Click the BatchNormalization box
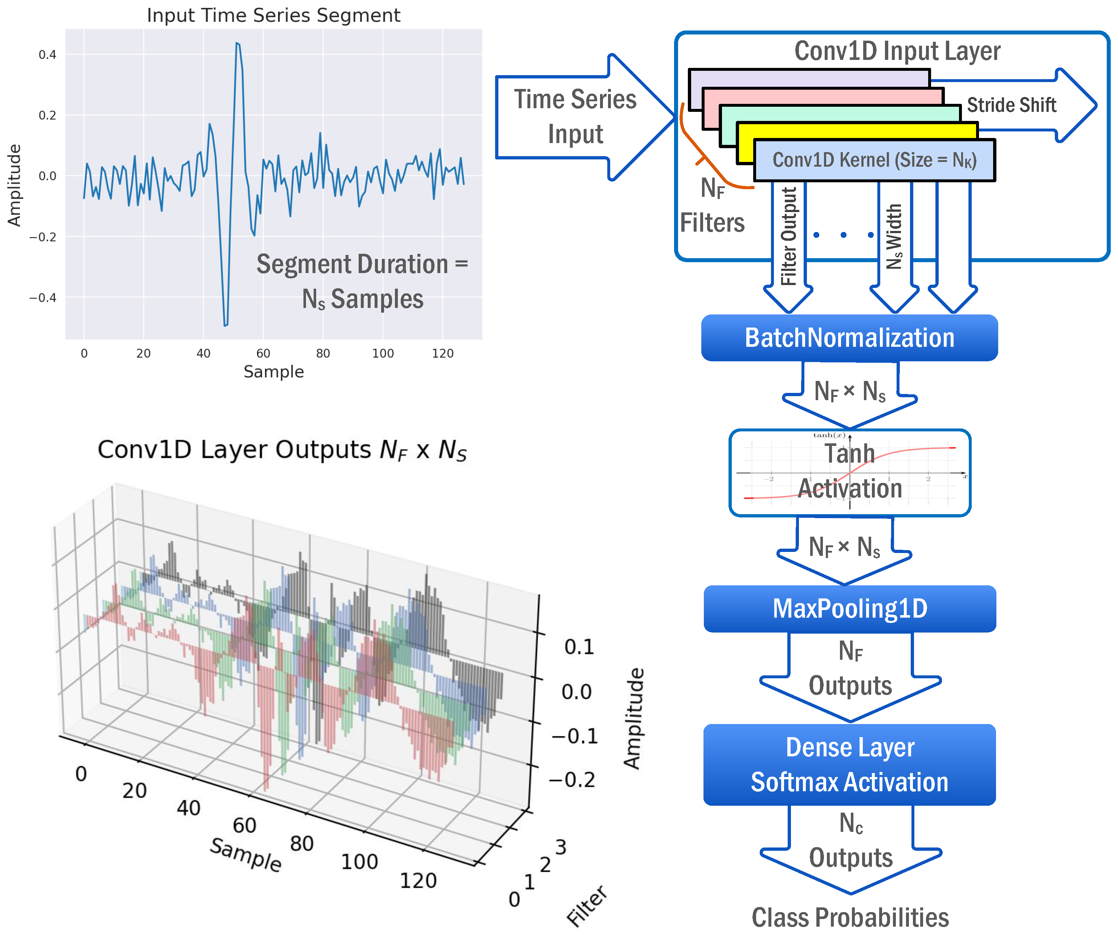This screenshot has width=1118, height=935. [x=849, y=338]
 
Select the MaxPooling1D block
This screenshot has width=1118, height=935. [x=849, y=608]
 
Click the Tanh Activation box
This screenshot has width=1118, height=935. [x=849, y=472]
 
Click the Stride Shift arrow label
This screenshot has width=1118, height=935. [x=1012, y=105]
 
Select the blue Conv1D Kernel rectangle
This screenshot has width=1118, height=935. [x=874, y=160]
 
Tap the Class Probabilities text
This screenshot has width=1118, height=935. [x=850, y=917]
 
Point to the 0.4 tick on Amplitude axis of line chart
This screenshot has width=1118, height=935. [x=48, y=54]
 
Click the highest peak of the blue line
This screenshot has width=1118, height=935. [x=237, y=44]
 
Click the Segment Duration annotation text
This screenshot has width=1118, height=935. [x=362, y=281]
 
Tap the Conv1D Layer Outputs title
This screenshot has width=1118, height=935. [x=282, y=450]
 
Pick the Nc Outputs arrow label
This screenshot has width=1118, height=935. [x=850, y=840]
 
